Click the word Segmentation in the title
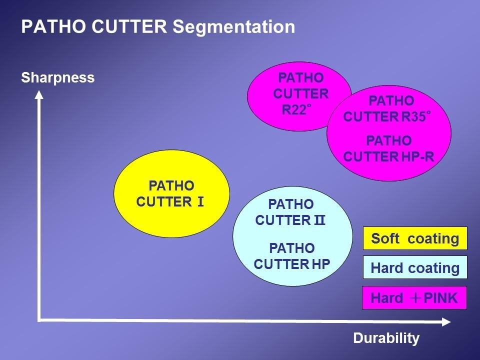pyautogui.click(x=234, y=27)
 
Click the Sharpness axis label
pyautogui.click(x=58, y=78)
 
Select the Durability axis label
pyautogui.click(x=386, y=338)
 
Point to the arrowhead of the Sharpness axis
pyautogui.click(x=39, y=94)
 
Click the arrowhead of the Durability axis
pyautogui.click(x=446, y=321)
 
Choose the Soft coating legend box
pyautogui.click(x=415, y=238)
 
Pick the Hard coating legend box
pyautogui.click(x=415, y=267)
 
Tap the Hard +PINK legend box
pyautogui.click(x=414, y=297)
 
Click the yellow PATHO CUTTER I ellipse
pyautogui.click(x=171, y=194)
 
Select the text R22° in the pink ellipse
pyautogui.click(x=296, y=109)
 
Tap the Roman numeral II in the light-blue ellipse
pyautogui.click(x=319, y=220)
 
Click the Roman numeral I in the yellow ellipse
pyautogui.click(x=200, y=202)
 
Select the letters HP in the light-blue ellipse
pyautogui.click(x=321, y=264)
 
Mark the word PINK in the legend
pyautogui.click(x=440, y=298)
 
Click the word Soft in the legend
pyautogui.click(x=385, y=238)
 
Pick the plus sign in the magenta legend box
pyautogui.click(x=415, y=298)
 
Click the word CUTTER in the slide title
pyautogui.click(x=129, y=26)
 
